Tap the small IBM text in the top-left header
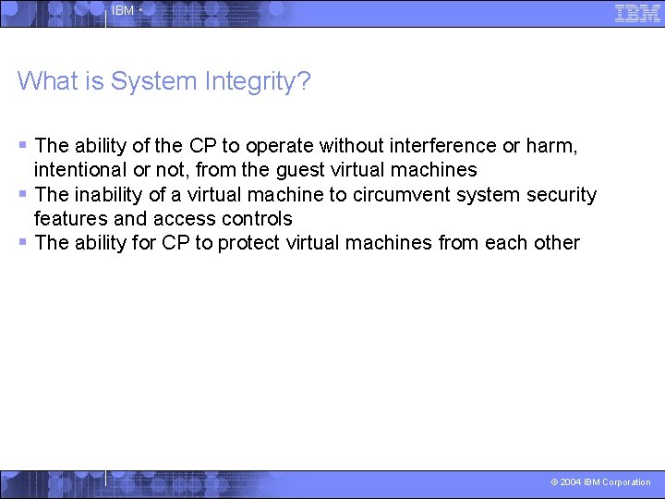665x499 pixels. point(123,11)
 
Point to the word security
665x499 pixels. point(561,195)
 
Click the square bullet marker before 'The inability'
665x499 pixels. point(23,194)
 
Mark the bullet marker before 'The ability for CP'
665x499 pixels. point(23,242)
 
